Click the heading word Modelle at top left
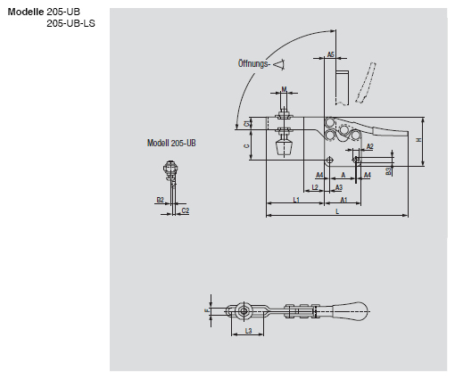[x=25, y=10]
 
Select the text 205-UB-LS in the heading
[x=70, y=22]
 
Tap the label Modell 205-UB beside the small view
[x=172, y=143]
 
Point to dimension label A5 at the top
[x=330, y=55]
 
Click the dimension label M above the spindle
[x=284, y=89]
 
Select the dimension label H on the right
[x=418, y=139]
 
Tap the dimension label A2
[x=369, y=145]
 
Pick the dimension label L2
[x=315, y=188]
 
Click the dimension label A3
[x=339, y=188]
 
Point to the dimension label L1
[x=295, y=201]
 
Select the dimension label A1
[x=343, y=201]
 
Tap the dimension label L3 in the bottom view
[x=249, y=332]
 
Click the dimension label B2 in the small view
[x=160, y=201]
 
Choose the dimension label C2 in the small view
[x=185, y=210]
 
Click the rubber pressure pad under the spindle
[x=285, y=148]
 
